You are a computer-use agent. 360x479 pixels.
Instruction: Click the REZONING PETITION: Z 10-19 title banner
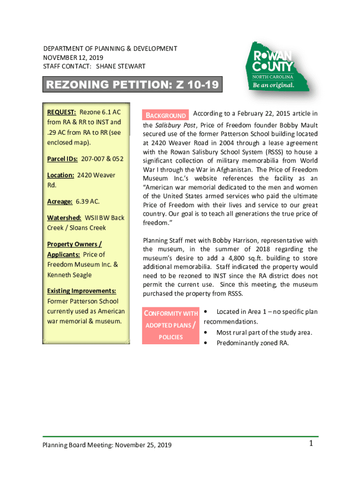click(132, 86)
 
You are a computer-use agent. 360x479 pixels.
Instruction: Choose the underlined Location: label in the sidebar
click(61, 175)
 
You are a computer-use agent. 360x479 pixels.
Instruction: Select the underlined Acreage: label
click(59, 201)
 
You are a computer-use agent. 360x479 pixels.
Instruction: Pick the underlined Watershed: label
click(64, 218)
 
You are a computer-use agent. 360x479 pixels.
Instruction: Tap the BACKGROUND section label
click(166, 116)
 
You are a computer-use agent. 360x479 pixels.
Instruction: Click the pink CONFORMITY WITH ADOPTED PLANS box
click(171, 325)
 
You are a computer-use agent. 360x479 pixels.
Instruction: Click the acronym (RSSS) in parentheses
click(277, 152)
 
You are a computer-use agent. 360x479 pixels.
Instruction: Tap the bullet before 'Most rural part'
click(206, 333)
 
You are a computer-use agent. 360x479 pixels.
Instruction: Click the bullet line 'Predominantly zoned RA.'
click(252, 343)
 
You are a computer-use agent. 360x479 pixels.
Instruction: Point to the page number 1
click(310, 443)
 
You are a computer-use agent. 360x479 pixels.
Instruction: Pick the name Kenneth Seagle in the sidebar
click(69, 275)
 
